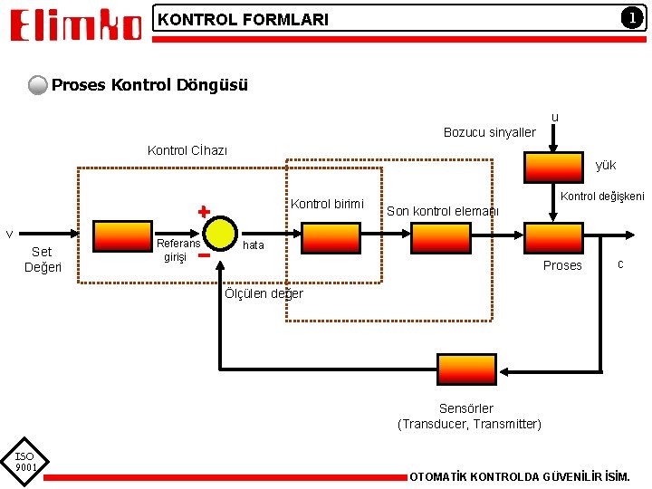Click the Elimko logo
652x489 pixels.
point(76,24)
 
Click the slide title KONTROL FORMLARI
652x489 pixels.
point(243,19)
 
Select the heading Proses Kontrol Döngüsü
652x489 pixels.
point(149,85)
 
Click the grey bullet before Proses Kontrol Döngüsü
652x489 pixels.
point(38,86)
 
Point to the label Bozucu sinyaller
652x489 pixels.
point(489,132)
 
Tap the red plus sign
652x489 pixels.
point(204,212)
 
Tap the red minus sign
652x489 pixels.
point(204,255)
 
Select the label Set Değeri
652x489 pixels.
point(43,259)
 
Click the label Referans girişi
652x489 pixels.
point(178,250)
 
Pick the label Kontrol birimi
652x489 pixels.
point(327,204)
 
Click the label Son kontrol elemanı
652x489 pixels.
point(443,211)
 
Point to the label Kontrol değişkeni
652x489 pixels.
point(602,197)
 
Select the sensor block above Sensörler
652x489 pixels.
point(466,369)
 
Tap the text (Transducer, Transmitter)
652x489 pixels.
point(469,424)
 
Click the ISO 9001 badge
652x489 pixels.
point(24,462)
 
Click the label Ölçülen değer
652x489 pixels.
point(264,293)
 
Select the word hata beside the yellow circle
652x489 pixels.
point(254,245)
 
